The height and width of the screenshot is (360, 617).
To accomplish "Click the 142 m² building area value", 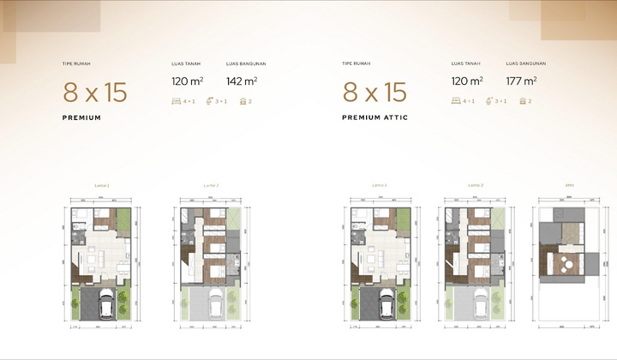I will [242, 81].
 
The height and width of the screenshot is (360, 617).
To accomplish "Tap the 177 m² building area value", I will [521, 81].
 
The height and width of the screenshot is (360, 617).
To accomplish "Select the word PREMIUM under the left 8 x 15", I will [82, 117].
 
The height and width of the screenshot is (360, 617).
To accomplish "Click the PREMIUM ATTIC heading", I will [375, 117].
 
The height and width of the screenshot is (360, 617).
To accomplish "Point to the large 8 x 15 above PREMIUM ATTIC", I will [374, 92].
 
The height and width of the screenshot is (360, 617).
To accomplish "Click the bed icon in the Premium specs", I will [177, 101].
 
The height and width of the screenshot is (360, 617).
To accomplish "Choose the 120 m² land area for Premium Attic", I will [467, 81].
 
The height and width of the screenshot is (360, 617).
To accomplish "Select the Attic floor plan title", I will [569, 184].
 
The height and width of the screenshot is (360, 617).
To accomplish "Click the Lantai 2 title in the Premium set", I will [212, 184].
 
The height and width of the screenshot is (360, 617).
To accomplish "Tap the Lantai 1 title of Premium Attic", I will [379, 184].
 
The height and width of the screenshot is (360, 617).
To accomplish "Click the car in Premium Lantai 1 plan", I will [109, 303].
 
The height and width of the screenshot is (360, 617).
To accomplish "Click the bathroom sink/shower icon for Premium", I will [210, 101].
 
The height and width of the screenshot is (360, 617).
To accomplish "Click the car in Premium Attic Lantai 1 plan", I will [388, 303].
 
